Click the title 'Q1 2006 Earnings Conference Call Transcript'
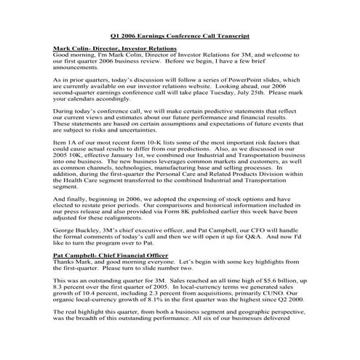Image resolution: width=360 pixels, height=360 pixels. (180, 36)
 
